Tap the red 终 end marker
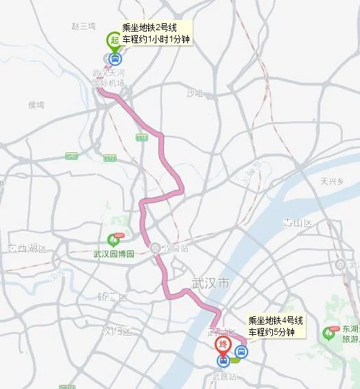click(223, 345)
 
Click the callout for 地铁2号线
click(156, 34)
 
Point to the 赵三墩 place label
click(83, 26)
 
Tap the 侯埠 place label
click(36, 105)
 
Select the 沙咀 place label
click(195, 93)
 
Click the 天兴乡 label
click(331, 181)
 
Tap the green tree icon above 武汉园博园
click(113, 239)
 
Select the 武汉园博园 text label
click(113, 253)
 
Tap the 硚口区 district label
click(112, 297)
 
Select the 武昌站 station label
click(224, 377)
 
